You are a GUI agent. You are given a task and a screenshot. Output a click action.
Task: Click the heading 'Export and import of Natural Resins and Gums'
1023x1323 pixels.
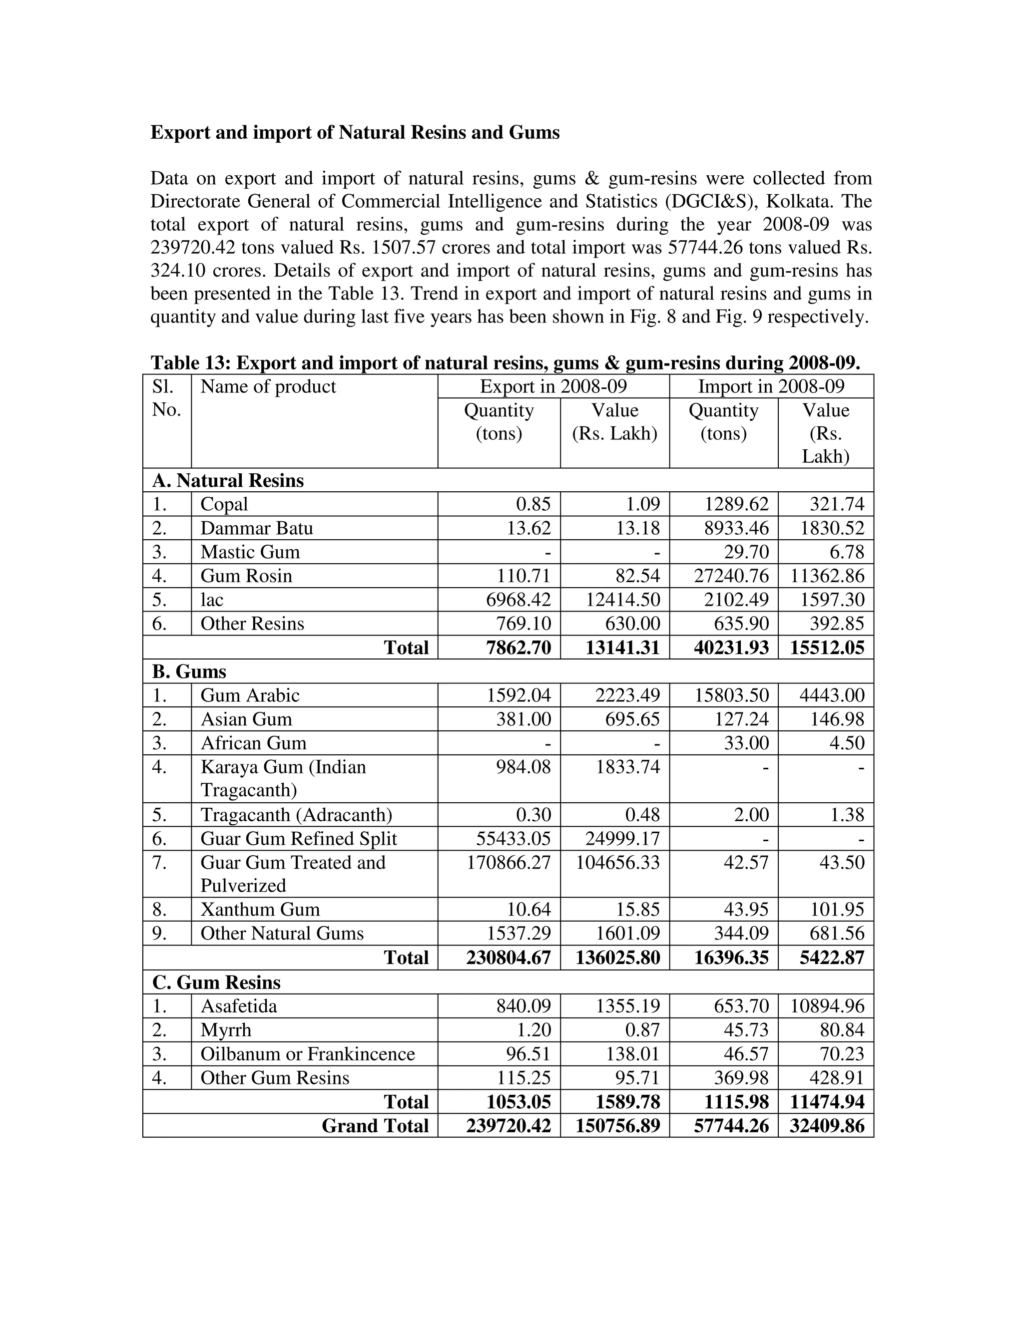(355, 133)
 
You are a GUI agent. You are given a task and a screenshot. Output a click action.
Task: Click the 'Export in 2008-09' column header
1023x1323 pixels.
(553, 386)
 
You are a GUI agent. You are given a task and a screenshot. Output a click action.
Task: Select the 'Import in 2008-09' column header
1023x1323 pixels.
(771, 386)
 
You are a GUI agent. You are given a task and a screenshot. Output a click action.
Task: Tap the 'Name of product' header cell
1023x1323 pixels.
(268, 386)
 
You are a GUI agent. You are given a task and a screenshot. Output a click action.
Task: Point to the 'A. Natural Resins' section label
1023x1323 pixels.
(228, 480)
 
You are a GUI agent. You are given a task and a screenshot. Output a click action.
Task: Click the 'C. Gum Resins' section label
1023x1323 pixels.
(216, 982)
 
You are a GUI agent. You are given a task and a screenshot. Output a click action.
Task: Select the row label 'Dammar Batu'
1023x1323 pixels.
(256, 528)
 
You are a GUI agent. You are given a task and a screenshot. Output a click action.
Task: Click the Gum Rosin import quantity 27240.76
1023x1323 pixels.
(731, 576)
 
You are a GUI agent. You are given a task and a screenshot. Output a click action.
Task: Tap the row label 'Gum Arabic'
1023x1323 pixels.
(250, 695)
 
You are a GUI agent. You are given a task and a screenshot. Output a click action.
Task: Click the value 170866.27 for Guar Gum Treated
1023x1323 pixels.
(509, 862)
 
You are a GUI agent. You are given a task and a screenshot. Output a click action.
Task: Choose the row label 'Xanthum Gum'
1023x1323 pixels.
(260, 909)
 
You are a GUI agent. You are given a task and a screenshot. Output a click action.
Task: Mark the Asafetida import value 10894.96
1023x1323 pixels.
(827, 1006)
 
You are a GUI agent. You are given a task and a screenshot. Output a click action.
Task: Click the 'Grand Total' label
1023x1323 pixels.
(375, 1125)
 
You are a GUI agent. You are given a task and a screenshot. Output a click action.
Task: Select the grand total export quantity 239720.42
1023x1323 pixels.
(509, 1125)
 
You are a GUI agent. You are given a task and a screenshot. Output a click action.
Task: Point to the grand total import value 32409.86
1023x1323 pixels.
(827, 1125)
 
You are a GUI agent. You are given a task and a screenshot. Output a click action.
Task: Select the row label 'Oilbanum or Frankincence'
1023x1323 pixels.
(307, 1053)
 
